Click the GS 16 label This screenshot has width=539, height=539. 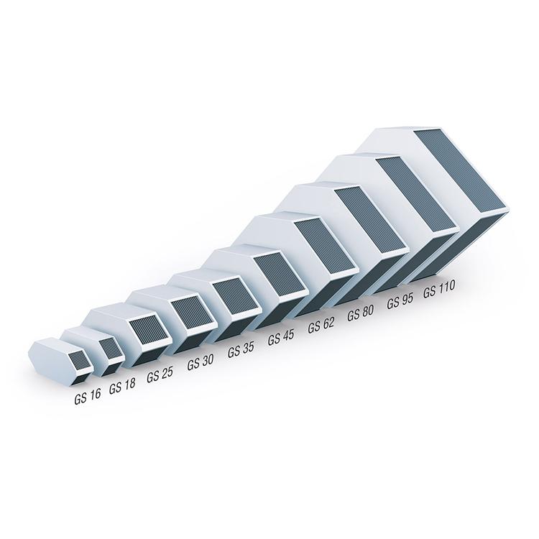(88, 397)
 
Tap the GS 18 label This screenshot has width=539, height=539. (122, 387)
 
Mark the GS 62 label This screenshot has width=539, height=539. (321, 325)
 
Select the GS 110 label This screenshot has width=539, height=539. (439, 289)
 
